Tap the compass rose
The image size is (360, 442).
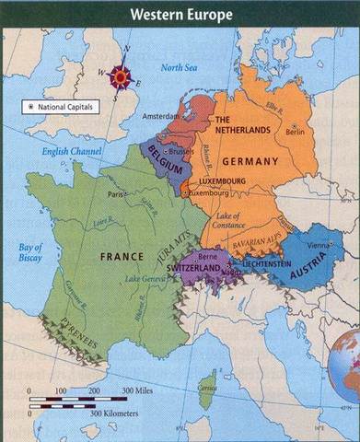pyautogui.click(x=120, y=76)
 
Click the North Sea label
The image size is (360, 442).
pyautogui.click(x=179, y=68)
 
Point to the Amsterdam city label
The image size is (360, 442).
pyautogui.click(x=162, y=118)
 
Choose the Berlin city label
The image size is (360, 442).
pyautogui.click(x=295, y=132)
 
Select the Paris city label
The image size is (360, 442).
pyautogui.click(x=115, y=194)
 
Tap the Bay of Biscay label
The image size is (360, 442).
pyautogui.click(x=30, y=252)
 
